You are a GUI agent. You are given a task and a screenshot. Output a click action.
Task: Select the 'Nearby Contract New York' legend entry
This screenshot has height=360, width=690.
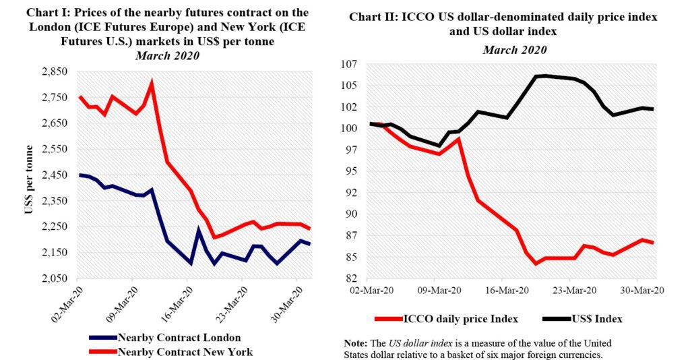click(x=172, y=351)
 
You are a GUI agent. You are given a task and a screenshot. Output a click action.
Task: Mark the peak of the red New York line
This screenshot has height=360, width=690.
click(x=152, y=83)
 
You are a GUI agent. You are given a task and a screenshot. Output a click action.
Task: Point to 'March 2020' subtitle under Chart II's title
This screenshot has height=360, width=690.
click(x=513, y=50)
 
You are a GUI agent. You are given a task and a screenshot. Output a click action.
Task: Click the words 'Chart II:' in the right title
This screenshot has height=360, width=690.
click(x=372, y=16)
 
